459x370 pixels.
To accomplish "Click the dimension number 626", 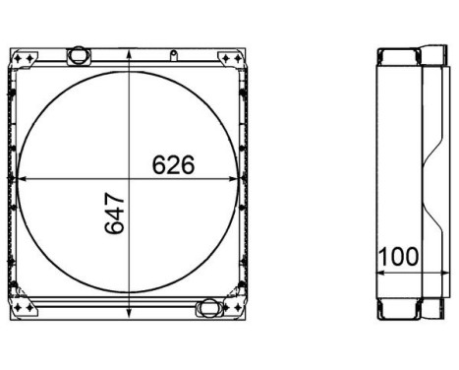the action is click(x=173, y=164).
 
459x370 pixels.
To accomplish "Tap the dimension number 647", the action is click(x=115, y=214).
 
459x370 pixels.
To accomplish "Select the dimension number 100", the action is click(x=398, y=257).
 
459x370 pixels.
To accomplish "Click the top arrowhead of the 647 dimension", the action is click(x=130, y=54).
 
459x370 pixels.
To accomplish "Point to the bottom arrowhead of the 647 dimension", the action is click(x=130, y=312).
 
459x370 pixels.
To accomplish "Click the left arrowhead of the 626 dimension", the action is click(x=22, y=179).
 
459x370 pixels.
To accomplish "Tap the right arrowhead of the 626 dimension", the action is click(x=232, y=179).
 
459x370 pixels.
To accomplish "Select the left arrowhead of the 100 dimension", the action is click(x=380, y=273).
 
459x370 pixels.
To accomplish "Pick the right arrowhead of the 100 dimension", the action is click(x=446, y=273).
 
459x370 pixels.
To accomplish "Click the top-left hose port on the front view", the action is click(x=79, y=55).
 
